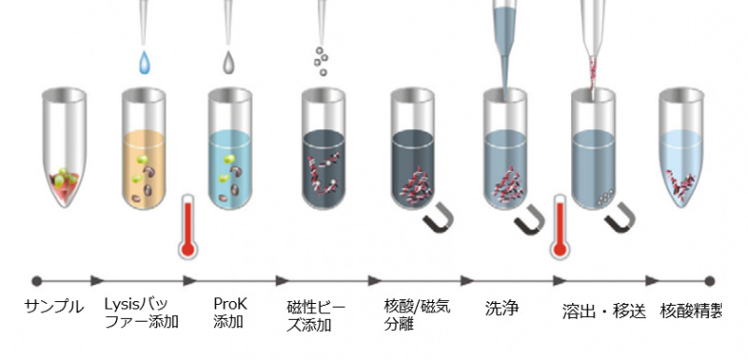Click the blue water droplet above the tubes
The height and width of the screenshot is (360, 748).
[144, 63]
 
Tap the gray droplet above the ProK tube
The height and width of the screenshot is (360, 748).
[229, 63]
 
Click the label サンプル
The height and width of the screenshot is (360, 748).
[54, 307]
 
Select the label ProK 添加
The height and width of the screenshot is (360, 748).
[230, 313]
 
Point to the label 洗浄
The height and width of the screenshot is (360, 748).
[501, 308]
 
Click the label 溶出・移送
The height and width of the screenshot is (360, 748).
[604, 311]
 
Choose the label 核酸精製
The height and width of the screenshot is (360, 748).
[691, 311]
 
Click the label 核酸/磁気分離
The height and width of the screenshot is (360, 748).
[417, 315]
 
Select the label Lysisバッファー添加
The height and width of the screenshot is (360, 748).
[141, 313]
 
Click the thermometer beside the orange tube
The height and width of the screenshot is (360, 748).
[188, 226]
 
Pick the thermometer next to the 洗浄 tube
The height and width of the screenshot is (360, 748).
[559, 226]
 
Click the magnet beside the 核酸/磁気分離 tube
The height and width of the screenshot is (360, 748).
[439, 218]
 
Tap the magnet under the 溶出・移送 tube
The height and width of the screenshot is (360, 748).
[620, 218]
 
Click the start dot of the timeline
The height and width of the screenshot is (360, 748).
[36, 281]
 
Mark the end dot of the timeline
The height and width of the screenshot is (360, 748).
[710, 281]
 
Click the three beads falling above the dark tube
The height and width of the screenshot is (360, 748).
[321, 61]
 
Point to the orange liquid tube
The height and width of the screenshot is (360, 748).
[144, 148]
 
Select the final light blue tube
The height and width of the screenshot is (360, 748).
[682, 148]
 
